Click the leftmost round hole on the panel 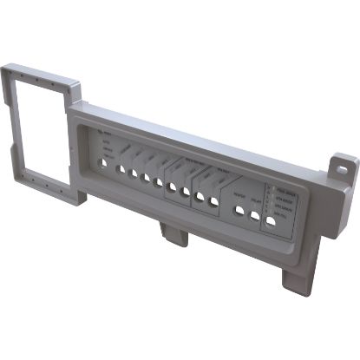pyautogui.click(x=104, y=161)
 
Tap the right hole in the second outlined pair pyautogui.click(x=213, y=201)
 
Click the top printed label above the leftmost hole pyautogui.click(x=106, y=133)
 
